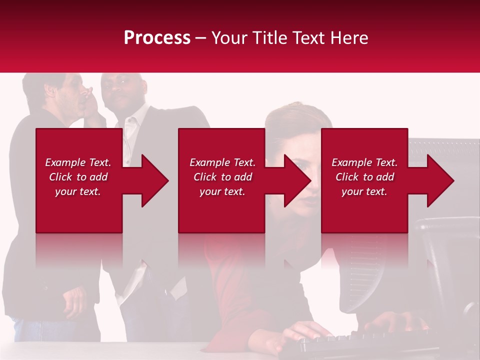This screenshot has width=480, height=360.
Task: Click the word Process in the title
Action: tap(157, 38)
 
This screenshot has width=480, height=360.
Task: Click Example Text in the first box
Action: tap(78, 162)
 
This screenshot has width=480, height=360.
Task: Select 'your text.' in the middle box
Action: tap(222, 191)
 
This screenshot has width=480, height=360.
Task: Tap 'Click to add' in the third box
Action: tap(364, 177)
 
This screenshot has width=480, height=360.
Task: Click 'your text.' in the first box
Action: tap(78, 191)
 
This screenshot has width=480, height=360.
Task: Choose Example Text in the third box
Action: tap(364, 162)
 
